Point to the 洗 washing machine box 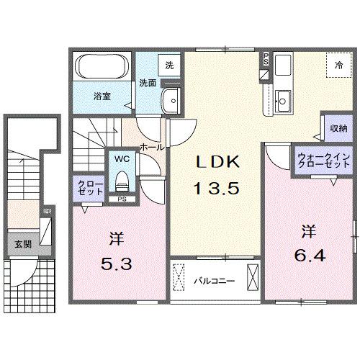(169, 65)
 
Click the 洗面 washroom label (148, 83)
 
